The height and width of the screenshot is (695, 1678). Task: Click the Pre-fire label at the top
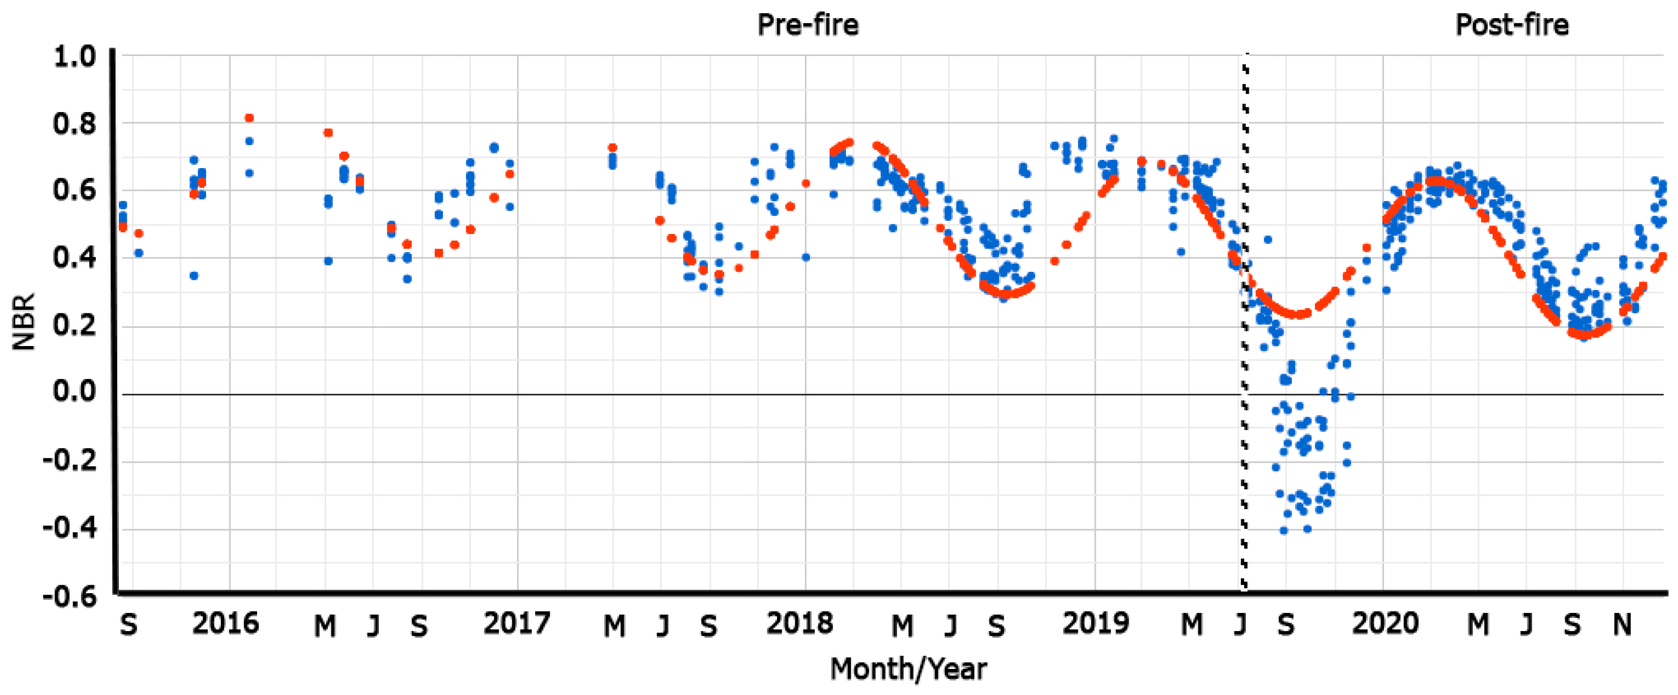(807, 25)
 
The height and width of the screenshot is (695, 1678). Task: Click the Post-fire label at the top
(1512, 25)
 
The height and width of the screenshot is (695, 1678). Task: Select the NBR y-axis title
(24, 322)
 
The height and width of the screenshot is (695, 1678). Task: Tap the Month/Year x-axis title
(908, 669)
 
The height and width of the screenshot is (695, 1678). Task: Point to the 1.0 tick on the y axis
(74, 57)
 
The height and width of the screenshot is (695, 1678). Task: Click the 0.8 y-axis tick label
(74, 123)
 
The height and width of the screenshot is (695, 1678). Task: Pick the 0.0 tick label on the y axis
(74, 391)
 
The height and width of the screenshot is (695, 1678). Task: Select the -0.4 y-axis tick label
(70, 527)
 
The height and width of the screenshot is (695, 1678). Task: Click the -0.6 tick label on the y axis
(70, 596)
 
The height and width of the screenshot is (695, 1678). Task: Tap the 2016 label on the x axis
(225, 624)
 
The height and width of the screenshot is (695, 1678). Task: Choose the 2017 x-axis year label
(516, 624)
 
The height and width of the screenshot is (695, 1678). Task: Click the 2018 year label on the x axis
(799, 624)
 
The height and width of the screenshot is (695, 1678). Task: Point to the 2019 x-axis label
(1096, 624)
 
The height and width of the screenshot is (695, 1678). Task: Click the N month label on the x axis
(1622, 625)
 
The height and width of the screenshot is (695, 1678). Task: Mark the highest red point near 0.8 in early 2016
(249, 118)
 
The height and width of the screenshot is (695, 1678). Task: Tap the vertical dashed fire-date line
(1244, 326)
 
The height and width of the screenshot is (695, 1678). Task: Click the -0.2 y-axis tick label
(70, 460)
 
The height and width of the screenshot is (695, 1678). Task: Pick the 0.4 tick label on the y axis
(74, 258)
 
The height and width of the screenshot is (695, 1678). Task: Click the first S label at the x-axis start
(129, 625)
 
